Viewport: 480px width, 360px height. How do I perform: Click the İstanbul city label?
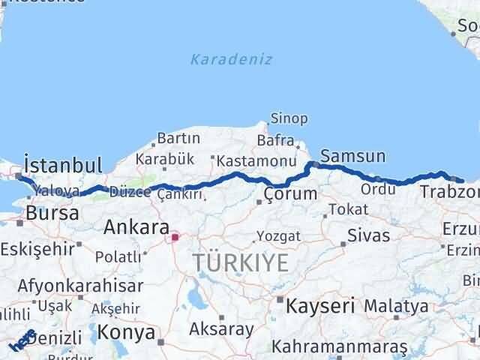[x=62, y=165]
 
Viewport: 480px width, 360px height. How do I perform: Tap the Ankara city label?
[x=136, y=226]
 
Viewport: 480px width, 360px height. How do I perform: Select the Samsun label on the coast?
[x=352, y=157]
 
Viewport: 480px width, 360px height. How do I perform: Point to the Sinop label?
[x=289, y=118]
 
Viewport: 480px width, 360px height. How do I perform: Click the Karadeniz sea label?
[x=231, y=59]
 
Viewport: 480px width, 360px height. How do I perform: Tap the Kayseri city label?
[x=315, y=305]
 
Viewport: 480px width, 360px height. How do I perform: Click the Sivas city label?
[x=368, y=235]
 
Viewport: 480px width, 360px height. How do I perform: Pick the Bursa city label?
[x=52, y=213]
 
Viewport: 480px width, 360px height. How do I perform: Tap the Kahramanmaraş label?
[x=339, y=346]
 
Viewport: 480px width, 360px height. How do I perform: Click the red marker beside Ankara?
[x=175, y=238]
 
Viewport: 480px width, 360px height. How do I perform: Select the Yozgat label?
[x=278, y=236]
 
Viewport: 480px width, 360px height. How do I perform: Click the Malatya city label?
[x=396, y=306]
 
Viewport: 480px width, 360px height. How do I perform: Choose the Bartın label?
[x=178, y=138]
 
